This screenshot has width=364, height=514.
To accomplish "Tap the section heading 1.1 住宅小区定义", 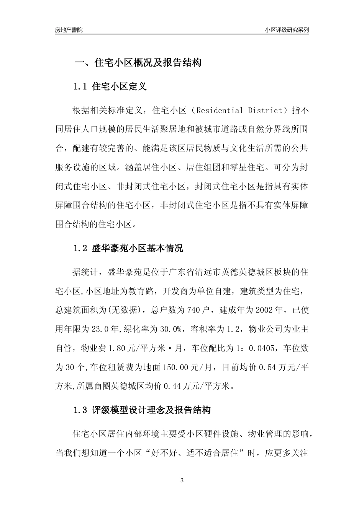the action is (x=110, y=86).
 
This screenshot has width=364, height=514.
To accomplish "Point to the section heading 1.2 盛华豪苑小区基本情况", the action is (x=128, y=248).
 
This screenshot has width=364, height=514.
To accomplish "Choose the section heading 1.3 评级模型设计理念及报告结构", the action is (x=142, y=410).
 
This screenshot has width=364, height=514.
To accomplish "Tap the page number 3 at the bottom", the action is (x=182, y=480).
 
